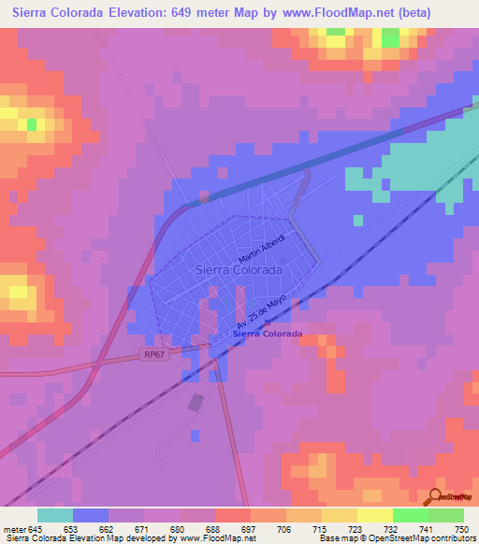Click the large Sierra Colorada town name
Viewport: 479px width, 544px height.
(x=239, y=269)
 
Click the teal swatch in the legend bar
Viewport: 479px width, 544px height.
(x=55, y=515)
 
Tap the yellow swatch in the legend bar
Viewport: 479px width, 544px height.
(x=374, y=515)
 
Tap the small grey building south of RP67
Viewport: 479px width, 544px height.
(x=196, y=403)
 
